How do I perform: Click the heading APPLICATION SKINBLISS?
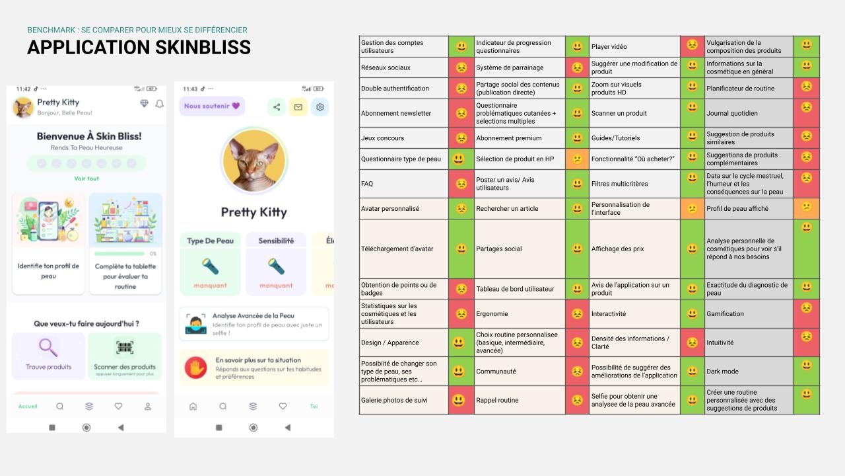click(139, 47)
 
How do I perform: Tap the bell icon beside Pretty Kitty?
click(160, 104)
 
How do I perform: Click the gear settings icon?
click(320, 107)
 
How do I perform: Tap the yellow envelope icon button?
click(298, 107)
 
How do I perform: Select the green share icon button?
click(277, 107)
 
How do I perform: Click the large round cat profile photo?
click(254, 161)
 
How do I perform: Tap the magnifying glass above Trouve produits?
click(48, 348)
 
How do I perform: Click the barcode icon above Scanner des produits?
click(125, 347)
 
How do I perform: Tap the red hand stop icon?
click(196, 368)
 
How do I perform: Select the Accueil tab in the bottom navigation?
click(28, 407)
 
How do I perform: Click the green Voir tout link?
click(86, 178)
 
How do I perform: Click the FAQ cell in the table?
click(403, 184)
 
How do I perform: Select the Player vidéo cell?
click(634, 46)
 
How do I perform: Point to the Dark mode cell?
click(749, 372)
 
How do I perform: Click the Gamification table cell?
click(749, 313)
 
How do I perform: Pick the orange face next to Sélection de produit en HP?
click(577, 159)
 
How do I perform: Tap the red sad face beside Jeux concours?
click(461, 138)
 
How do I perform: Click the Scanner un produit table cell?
click(634, 113)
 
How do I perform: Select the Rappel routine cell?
click(520, 400)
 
